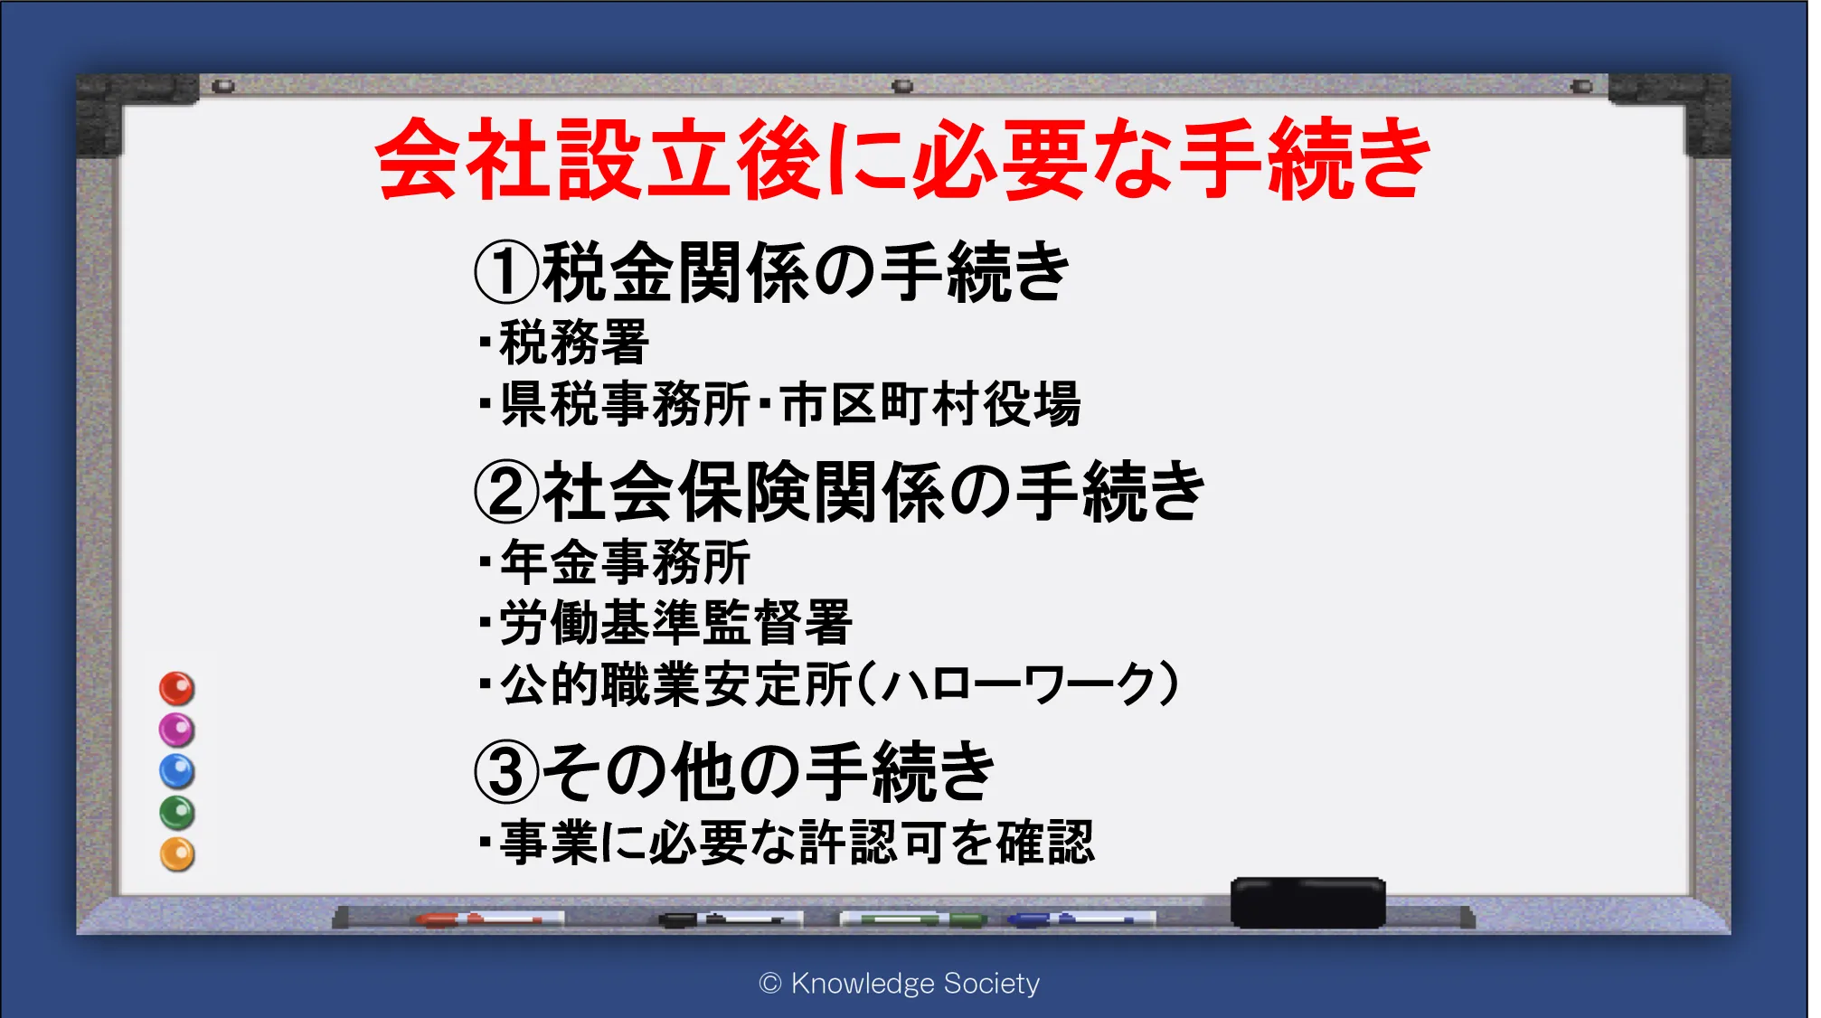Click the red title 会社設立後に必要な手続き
902,159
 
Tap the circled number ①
506,272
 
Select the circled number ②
506,492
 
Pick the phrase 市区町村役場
930,403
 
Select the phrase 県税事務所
626,403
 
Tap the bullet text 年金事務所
626,561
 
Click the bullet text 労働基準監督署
676,622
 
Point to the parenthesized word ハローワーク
1018,684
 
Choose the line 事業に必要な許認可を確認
797,842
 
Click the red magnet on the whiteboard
177,688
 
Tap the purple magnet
177,730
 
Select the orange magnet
177,854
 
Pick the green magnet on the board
177,813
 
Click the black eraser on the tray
1307,902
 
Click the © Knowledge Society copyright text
900,983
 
